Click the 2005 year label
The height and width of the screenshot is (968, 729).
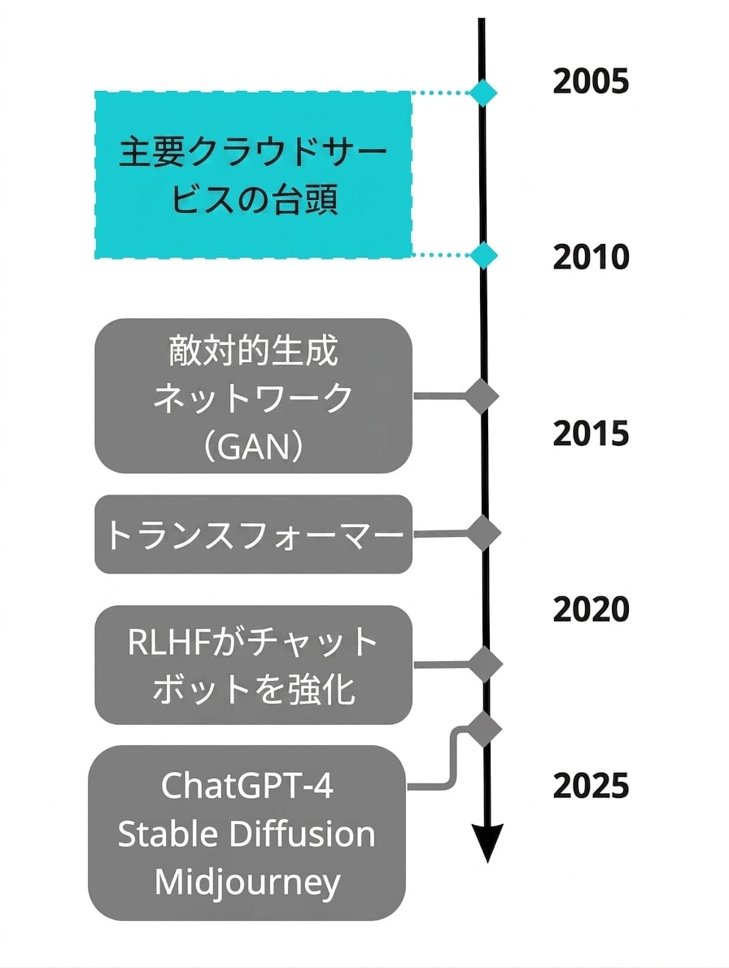591,81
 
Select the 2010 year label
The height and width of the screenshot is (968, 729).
591,257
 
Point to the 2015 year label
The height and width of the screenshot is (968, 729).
591,434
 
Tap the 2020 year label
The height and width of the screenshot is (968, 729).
591,609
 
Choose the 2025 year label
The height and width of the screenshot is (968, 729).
591,786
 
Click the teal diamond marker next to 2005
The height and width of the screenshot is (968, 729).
482,93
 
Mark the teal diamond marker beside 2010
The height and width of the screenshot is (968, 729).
483,255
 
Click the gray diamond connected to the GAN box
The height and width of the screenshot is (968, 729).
482,395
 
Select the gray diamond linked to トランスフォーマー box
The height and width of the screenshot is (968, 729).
483,533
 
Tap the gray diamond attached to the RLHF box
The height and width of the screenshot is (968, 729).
485,665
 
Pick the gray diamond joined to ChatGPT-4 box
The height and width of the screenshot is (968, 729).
485,730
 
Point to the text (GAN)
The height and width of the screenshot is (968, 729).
253,447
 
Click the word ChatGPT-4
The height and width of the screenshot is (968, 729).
247,786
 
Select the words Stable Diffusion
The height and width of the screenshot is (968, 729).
247,834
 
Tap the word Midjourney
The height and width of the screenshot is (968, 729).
247,883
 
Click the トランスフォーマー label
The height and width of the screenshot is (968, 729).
254,534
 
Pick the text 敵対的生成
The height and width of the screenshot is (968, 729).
253,351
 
